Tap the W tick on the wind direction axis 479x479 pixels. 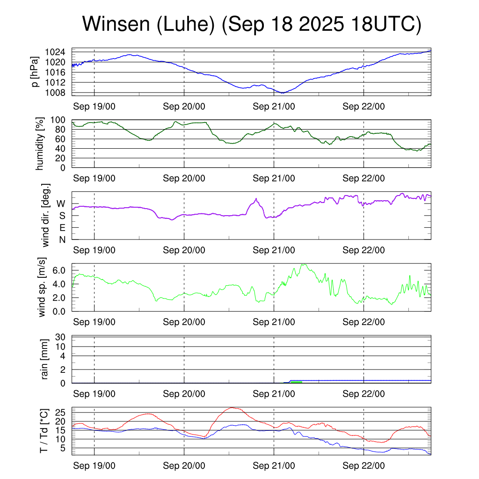[x=61, y=203]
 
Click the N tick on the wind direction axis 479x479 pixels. [x=62, y=239]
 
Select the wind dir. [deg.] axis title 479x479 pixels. [x=45, y=216]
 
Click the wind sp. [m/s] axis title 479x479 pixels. [x=43, y=287]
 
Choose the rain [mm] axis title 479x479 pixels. [x=45, y=359]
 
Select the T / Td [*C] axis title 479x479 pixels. [x=44, y=430]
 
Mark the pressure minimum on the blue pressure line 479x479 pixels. [x=283, y=93]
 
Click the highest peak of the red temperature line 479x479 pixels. [x=232, y=408]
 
